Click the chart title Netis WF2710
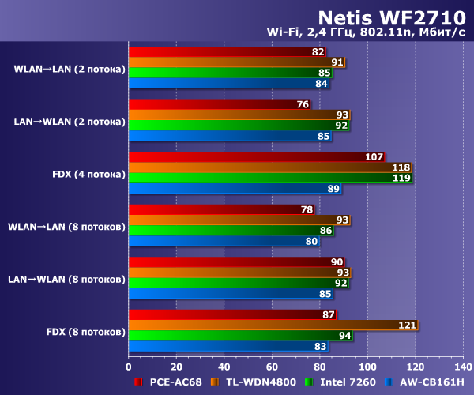point(388,17)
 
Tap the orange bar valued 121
point(273,325)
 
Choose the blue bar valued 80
point(224,241)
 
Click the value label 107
point(374,157)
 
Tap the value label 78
point(307,209)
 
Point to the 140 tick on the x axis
point(463,367)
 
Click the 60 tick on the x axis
point(272,367)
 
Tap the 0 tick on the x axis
point(129,367)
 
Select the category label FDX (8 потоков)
point(66,330)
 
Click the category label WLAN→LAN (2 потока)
point(70,69)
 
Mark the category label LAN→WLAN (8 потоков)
point(66,278)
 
